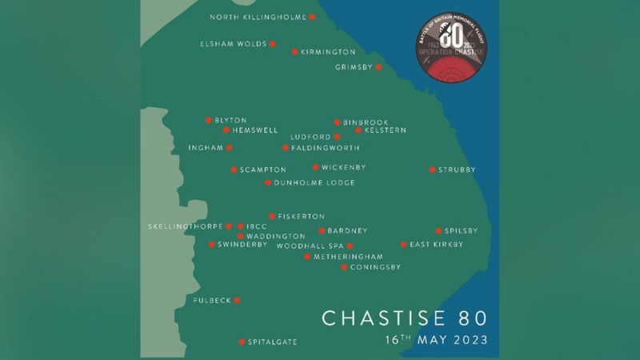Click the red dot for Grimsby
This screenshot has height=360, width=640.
pos(378,67)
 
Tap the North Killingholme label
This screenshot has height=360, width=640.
pos(258,17)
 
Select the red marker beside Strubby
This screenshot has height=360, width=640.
pos(432,170)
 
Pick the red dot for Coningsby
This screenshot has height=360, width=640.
pos(344,267)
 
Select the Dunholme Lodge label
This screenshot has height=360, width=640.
pos(314,183)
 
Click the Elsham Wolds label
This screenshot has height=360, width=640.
pos(234,44)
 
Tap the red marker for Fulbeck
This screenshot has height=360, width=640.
pos(237,301)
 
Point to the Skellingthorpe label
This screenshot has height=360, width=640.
pos(186,227)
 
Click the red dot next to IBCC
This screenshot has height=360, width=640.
pos(240,226)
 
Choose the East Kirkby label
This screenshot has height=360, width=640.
pos(437,245)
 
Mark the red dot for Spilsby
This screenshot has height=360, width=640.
pos(438,230)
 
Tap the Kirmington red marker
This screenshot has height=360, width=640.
pos(294,52)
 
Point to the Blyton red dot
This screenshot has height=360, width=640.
pos(208,120)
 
